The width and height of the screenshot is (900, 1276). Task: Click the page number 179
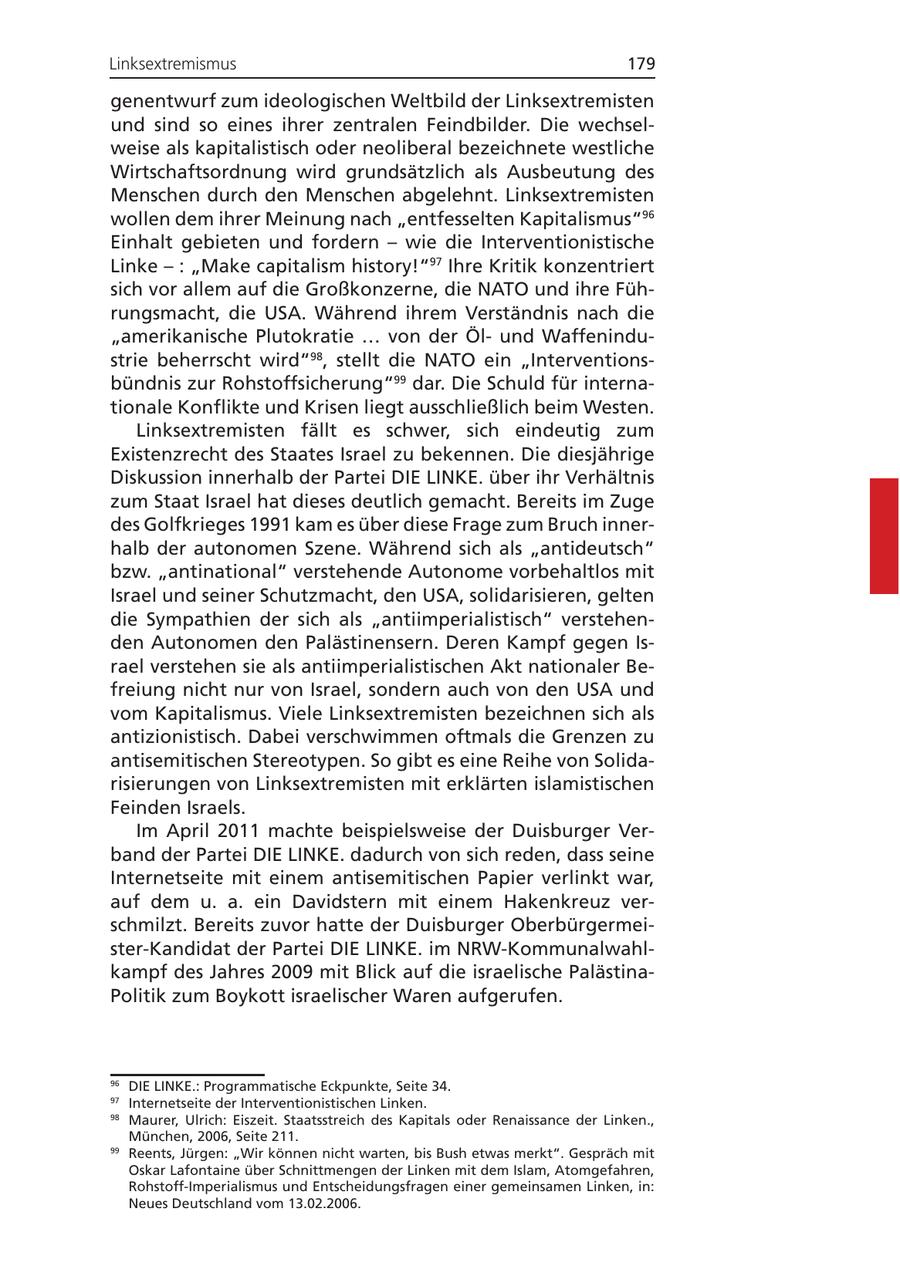641,64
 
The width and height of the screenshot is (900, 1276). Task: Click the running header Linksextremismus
173,64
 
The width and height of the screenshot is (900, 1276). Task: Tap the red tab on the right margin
884,536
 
